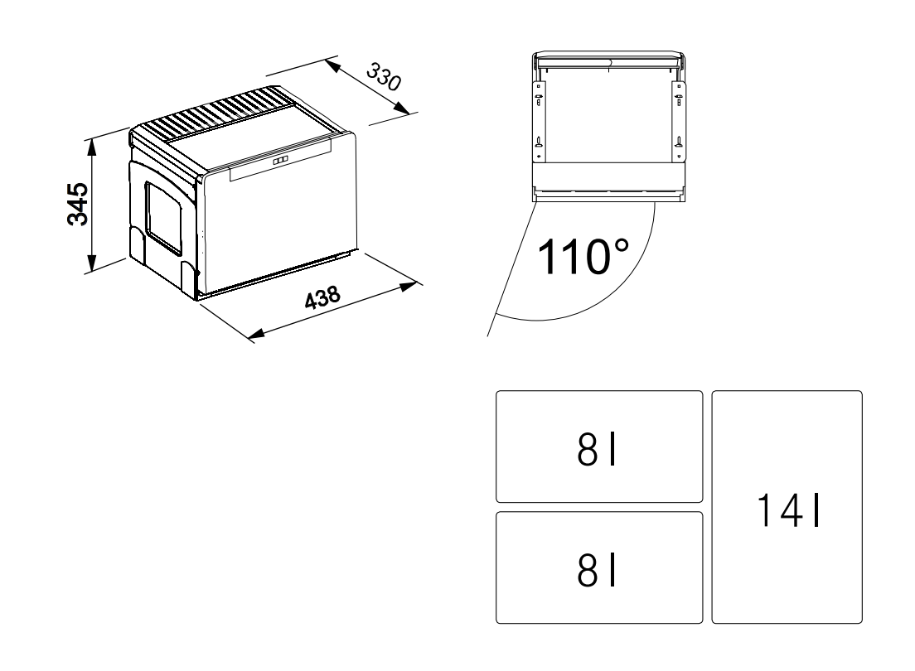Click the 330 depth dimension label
click(384, 78)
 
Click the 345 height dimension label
click(78, 205)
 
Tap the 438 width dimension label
click(322, 297)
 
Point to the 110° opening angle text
click(583, 257)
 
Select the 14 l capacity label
click(788, 510)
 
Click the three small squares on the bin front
click(280, 160)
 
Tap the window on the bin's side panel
click(163, 218)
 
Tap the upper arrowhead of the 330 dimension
click(332, 66)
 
